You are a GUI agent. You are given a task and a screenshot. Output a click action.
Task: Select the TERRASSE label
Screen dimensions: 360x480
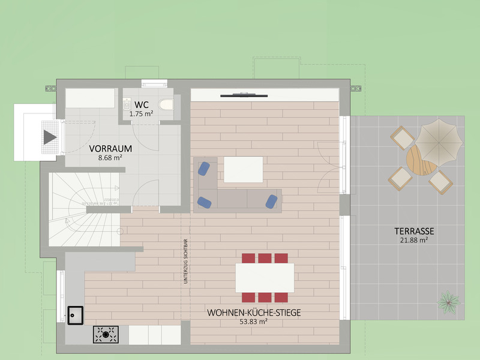[x=414, y=231]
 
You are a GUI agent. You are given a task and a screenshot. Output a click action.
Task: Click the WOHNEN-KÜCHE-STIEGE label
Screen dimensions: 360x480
[x=253, y=313]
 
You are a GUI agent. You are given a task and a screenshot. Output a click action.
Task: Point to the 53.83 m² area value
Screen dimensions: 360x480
[x=253, y=322]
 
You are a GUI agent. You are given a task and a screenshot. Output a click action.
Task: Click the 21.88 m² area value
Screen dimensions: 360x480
[x=414, y=240]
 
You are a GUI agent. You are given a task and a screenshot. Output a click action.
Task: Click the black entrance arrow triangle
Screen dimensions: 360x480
[x=50, y=137]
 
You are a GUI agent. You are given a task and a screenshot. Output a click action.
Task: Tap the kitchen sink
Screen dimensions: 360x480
[x=75, y=314]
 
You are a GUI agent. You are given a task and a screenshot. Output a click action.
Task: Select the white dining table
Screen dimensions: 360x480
[x=265, y=277]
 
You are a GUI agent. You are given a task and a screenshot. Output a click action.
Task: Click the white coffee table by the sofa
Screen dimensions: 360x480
[x=243, y=169]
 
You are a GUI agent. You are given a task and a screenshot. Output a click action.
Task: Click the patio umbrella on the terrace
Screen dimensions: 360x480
[x=440, y=141]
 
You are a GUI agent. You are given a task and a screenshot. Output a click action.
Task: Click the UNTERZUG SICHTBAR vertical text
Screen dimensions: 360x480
[x=186, y=263]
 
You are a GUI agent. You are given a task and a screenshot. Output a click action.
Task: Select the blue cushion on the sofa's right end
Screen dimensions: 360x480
[x=272, y=201]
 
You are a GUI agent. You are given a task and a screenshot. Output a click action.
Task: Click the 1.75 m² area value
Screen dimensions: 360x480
[x=141, y=113]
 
